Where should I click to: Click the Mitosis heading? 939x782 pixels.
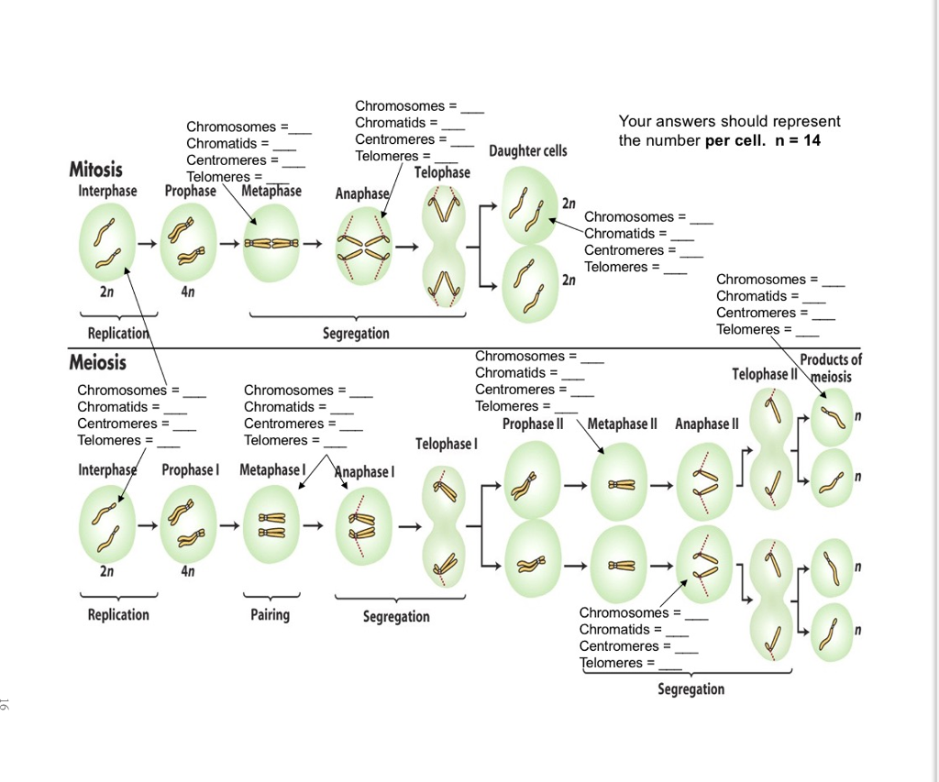[95, 170]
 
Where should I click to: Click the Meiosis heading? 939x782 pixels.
[97, 362]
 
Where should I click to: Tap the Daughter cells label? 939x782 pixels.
[527, 150]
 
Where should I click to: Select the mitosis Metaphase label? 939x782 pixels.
[271, 191]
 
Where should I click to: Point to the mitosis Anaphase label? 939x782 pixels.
[362, 193]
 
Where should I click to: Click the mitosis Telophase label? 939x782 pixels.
[442, 172]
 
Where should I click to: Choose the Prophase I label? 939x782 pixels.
[191, 469]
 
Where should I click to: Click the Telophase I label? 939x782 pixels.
[447, 444]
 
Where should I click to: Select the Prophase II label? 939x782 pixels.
[533, 424]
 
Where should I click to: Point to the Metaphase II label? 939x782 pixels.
[623, 424]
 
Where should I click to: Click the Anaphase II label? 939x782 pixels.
[706, 424]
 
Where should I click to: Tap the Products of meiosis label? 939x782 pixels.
[831, 368]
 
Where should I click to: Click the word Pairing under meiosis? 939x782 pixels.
[270, 614]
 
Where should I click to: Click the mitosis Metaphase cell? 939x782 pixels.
[271, 244]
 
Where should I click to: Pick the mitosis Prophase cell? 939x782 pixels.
[187, 243]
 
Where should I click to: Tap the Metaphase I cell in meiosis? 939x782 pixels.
[271, 525]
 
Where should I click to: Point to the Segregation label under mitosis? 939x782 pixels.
[356, 333]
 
